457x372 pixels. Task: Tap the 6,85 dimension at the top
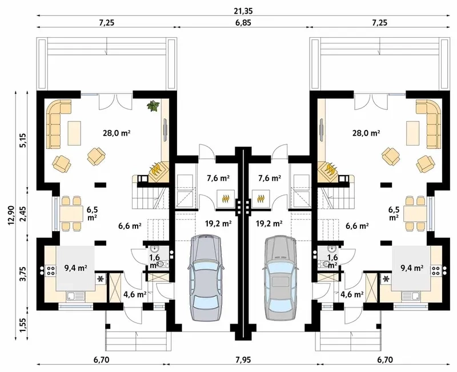coord(242,22)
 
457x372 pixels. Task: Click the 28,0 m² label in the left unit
coord(115,133)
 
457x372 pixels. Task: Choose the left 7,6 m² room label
coord(217,179)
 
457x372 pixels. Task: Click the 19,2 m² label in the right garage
coord(270,224)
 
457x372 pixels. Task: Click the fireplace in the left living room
coord(156,169)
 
